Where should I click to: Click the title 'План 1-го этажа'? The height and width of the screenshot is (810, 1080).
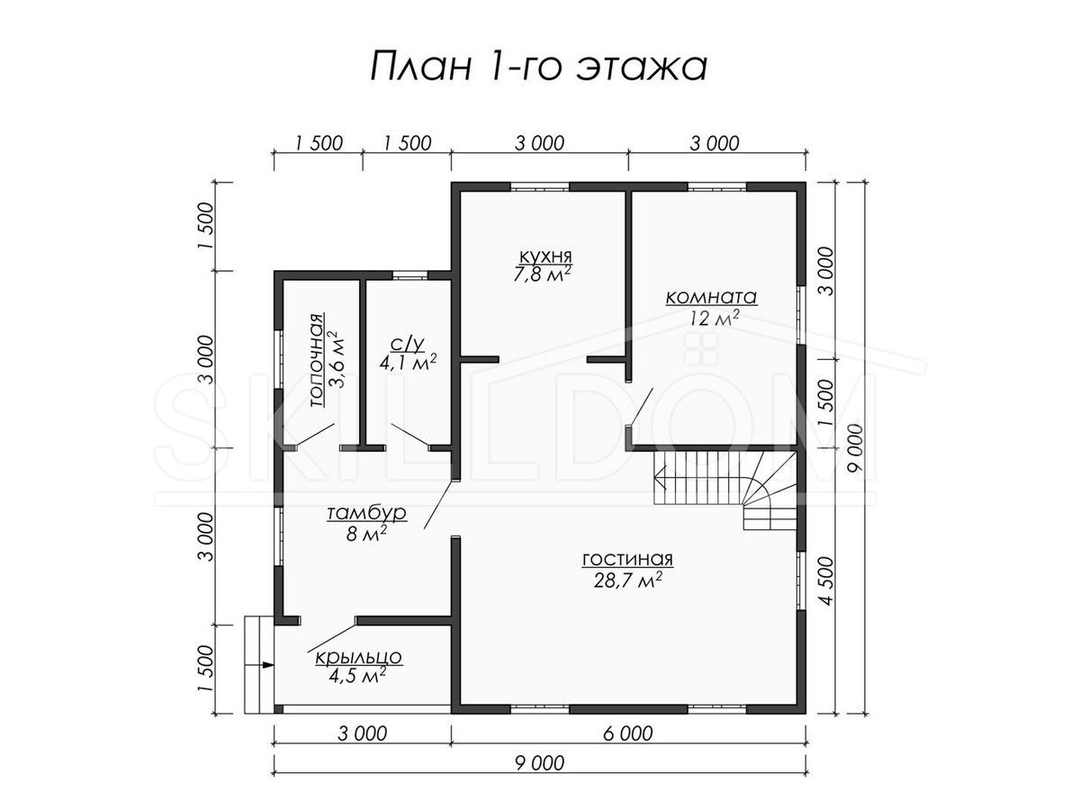click(x=539, y=67)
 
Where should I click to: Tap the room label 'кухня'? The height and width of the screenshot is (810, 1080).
click(x=545, y=256)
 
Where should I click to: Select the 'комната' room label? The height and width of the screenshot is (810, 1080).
click(x=711, y=297)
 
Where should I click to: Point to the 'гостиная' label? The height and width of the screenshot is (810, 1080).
click(x=627, y=559)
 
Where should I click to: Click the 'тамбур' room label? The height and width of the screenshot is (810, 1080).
click(x=366, y=513)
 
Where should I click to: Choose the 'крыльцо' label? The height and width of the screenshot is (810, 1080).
click(x=359, y=657)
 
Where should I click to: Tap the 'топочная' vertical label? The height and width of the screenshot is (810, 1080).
click(x=318, y=360)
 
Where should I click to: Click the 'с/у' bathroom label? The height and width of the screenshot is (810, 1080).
click(x=408, y=345)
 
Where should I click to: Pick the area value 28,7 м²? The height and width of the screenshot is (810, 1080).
click(x=627, y=580)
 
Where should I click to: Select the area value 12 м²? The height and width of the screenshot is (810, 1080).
click(x=714, y=319)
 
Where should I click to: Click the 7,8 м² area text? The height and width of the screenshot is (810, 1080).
click(x=542, y=274)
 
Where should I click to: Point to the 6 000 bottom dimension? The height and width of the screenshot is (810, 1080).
click(x=628, y=733)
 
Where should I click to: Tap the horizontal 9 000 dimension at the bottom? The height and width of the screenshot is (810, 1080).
click(x=539, y=763)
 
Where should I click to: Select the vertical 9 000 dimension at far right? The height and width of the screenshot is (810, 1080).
click(x=856, y=447)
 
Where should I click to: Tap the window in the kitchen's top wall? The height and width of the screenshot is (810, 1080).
click(x=539, y=186)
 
